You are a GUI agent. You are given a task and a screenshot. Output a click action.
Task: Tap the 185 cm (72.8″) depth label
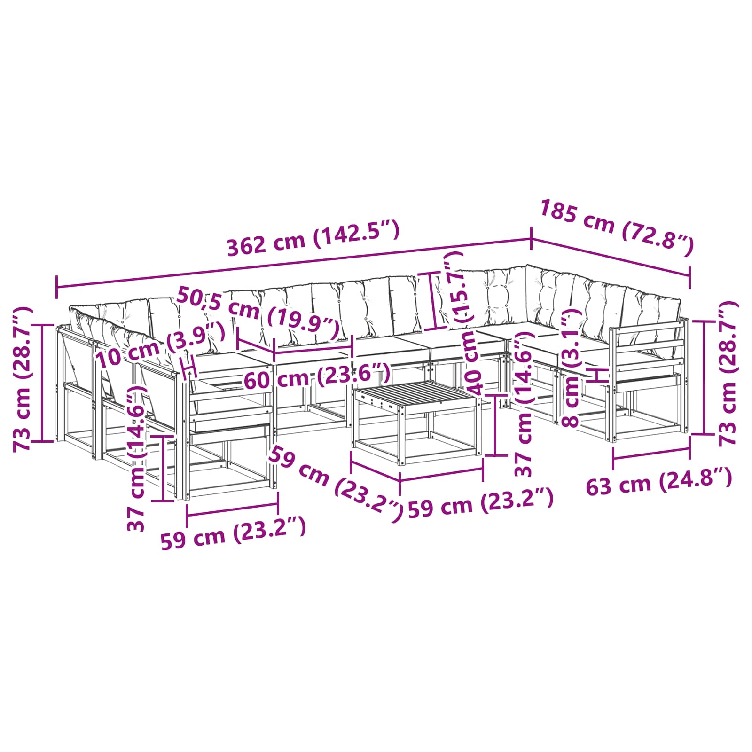click(x=617, y=227)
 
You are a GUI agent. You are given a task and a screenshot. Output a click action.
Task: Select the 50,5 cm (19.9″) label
click(x=258, y=314)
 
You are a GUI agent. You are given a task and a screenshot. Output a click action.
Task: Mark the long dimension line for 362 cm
click(x=294, y=263)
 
